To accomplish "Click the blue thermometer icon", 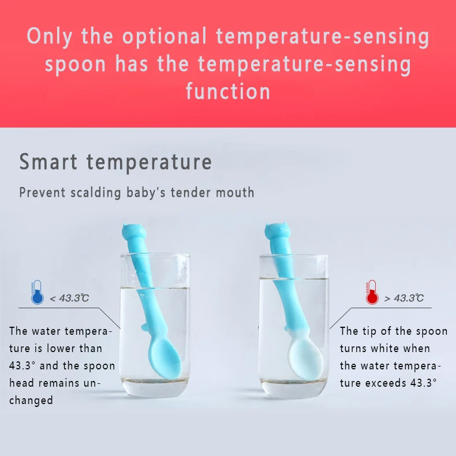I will [x=38, y=292].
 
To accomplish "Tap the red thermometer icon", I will [x=371, y=292].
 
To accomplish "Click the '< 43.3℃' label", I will [x=69, y=298].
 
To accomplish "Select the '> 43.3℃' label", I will [x=404, y=298].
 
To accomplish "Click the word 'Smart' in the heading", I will [x=48, y=162].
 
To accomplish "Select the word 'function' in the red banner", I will [x=228, y=91].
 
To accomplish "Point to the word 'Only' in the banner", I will [x=50, y=36].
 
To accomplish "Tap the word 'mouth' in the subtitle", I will [x=235, y=192].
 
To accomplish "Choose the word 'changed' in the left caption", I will [x=31, y=401].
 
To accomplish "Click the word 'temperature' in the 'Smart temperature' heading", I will [x=149, y=162].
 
